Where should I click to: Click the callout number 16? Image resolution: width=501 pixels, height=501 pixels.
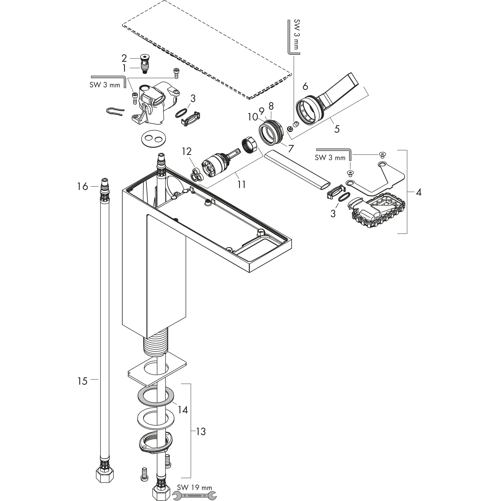[x=82, y=186]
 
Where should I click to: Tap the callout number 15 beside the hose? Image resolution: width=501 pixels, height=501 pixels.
[x=82, y=381]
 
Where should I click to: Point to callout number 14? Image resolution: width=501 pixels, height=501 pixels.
[x=182, y=410]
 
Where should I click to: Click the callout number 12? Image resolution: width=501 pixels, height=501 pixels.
[x=186, y=151]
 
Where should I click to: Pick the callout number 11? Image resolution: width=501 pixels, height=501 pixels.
[x=241, y=184]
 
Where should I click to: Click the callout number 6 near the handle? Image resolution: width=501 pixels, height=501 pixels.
[x=305, y=86]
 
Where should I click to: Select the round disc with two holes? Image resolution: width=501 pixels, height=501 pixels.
[x=154, y=139]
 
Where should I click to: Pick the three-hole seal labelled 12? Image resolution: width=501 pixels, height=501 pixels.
[x=196, y=174]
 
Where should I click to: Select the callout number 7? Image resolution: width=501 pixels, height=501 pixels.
[x=291, y=148]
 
